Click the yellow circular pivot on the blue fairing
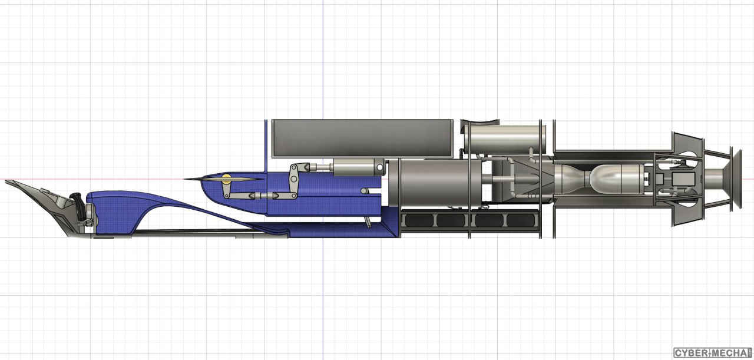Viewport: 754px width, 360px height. (x=227, y=179)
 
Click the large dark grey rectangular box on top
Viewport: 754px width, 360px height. (x=362, y=138)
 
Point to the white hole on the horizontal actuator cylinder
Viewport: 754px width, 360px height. (x=380, y=167)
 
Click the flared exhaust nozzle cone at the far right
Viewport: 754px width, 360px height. (x=736, y=178)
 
